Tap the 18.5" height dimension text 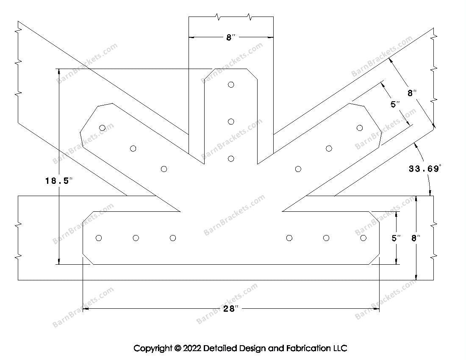pyautogui.click(x=59, y=181)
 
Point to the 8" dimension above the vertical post pyautogui.click(x=230, y=38)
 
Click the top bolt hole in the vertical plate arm pyautogui.click(x=231, y=84)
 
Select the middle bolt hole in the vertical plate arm pyautogui.click(x=231, y=122)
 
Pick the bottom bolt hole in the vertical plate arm pyautogui.click(x=231, y=159)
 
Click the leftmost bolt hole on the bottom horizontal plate pyautogui.click(x=99, y=238)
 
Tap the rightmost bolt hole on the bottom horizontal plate pyautogui.click(x=363, y=238)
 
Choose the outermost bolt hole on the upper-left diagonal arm pyautogui.click(x=102, y=127)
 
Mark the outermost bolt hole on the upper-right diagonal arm pyautogui.click(x=360, y=127)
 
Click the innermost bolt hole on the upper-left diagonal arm pyautogui.click(x=164, y=169)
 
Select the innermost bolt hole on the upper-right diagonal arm pyautogui.click(x=298, y=169)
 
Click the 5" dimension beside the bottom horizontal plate pyautogui.click(x=396, y=238)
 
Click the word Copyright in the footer pyautogui.click(x=153, y=349)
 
